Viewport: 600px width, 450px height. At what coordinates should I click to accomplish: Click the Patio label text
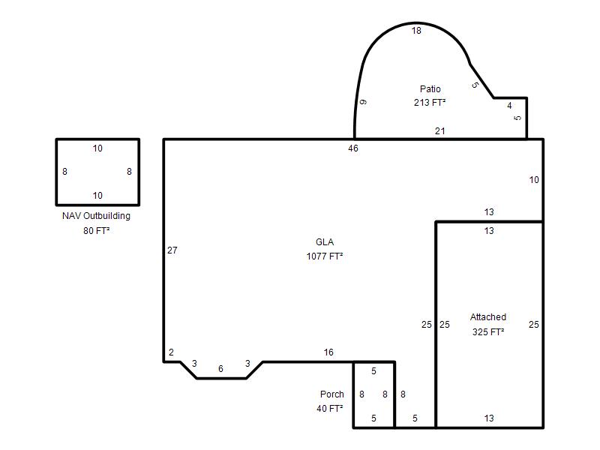tap(430, 89)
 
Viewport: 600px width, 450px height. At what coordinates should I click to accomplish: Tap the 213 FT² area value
tap(430, 103)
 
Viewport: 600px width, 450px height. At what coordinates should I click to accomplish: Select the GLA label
tap(325, 242)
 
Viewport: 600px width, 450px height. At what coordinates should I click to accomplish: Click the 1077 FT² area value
tap(325, 256)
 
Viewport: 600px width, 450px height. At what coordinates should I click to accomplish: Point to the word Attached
tap(488, 317)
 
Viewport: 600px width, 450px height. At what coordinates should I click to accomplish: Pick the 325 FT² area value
tap(488, 332)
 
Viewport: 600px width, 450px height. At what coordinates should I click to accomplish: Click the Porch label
tap(332, 394)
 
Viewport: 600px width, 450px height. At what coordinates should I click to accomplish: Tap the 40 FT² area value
tap(330, 409)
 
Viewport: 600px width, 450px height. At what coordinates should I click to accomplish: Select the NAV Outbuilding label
tap(97, 216)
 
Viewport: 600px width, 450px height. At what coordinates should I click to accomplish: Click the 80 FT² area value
tap(97, 231)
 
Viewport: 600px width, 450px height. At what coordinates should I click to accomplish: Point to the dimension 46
tap(353, 148)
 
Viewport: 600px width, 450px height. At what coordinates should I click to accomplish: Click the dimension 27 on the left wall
tap(172, 250)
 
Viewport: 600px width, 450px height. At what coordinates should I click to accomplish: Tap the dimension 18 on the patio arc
tap(416, 31)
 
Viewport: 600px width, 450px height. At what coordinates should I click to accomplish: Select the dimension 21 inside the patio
tap(440, 131)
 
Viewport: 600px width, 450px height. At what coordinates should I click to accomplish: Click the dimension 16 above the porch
tap(328, 352)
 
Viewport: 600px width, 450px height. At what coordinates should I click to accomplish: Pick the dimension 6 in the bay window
tap(220, 369)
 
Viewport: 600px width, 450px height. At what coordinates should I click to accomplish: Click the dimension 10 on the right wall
tap(534, 180)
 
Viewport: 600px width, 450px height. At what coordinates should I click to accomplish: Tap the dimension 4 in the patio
tap(509, 106)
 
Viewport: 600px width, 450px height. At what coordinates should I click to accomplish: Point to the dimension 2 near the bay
tap(171, 352)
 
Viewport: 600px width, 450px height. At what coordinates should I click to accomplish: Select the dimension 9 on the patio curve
tap(364, 102)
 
